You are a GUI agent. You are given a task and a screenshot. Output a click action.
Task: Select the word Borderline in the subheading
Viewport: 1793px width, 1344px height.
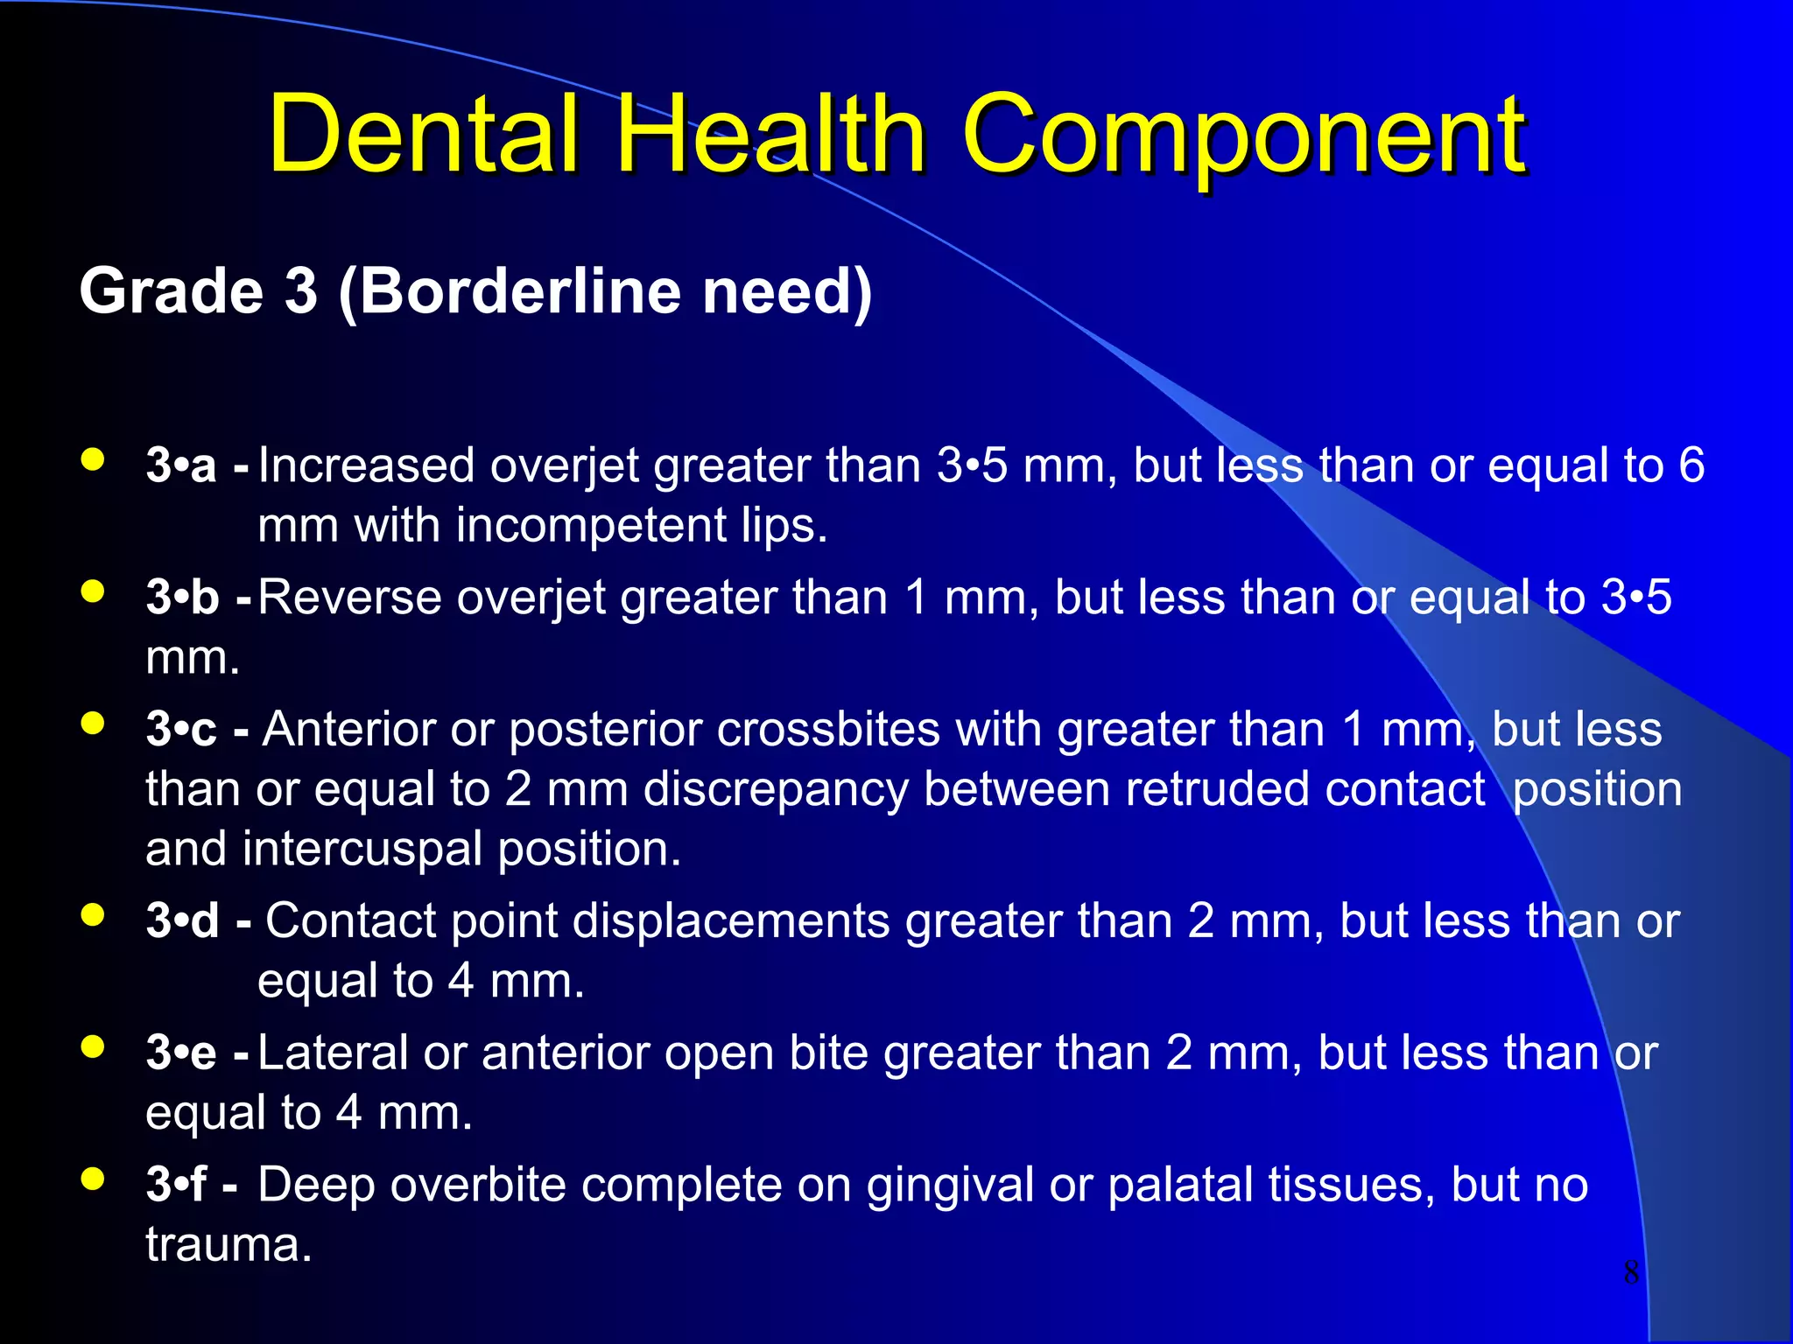[520, 291]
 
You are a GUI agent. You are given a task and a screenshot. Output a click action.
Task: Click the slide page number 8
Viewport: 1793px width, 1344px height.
[1631, 1271]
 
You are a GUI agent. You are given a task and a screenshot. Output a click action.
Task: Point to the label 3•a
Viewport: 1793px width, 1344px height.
[181, 465]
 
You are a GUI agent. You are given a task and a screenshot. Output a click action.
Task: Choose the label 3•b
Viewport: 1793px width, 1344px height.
[182, 598]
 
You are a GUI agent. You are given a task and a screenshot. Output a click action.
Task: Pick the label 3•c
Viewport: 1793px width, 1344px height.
[181, 730]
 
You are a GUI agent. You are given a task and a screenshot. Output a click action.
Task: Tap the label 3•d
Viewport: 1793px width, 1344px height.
[182, 921]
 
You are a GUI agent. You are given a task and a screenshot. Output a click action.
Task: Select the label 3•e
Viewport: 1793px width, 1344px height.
[181, 1053]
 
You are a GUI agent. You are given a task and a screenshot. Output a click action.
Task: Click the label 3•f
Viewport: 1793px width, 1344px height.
[176, 1185]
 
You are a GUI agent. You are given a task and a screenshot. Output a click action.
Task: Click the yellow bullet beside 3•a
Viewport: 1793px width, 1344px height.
[93, 459]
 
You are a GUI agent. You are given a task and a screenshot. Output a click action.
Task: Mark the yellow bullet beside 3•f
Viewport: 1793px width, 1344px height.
[93, 1179]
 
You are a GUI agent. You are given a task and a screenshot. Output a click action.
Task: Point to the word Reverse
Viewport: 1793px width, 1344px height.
[349, 598]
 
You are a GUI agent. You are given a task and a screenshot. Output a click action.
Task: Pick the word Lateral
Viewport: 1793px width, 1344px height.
[333, 1053]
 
